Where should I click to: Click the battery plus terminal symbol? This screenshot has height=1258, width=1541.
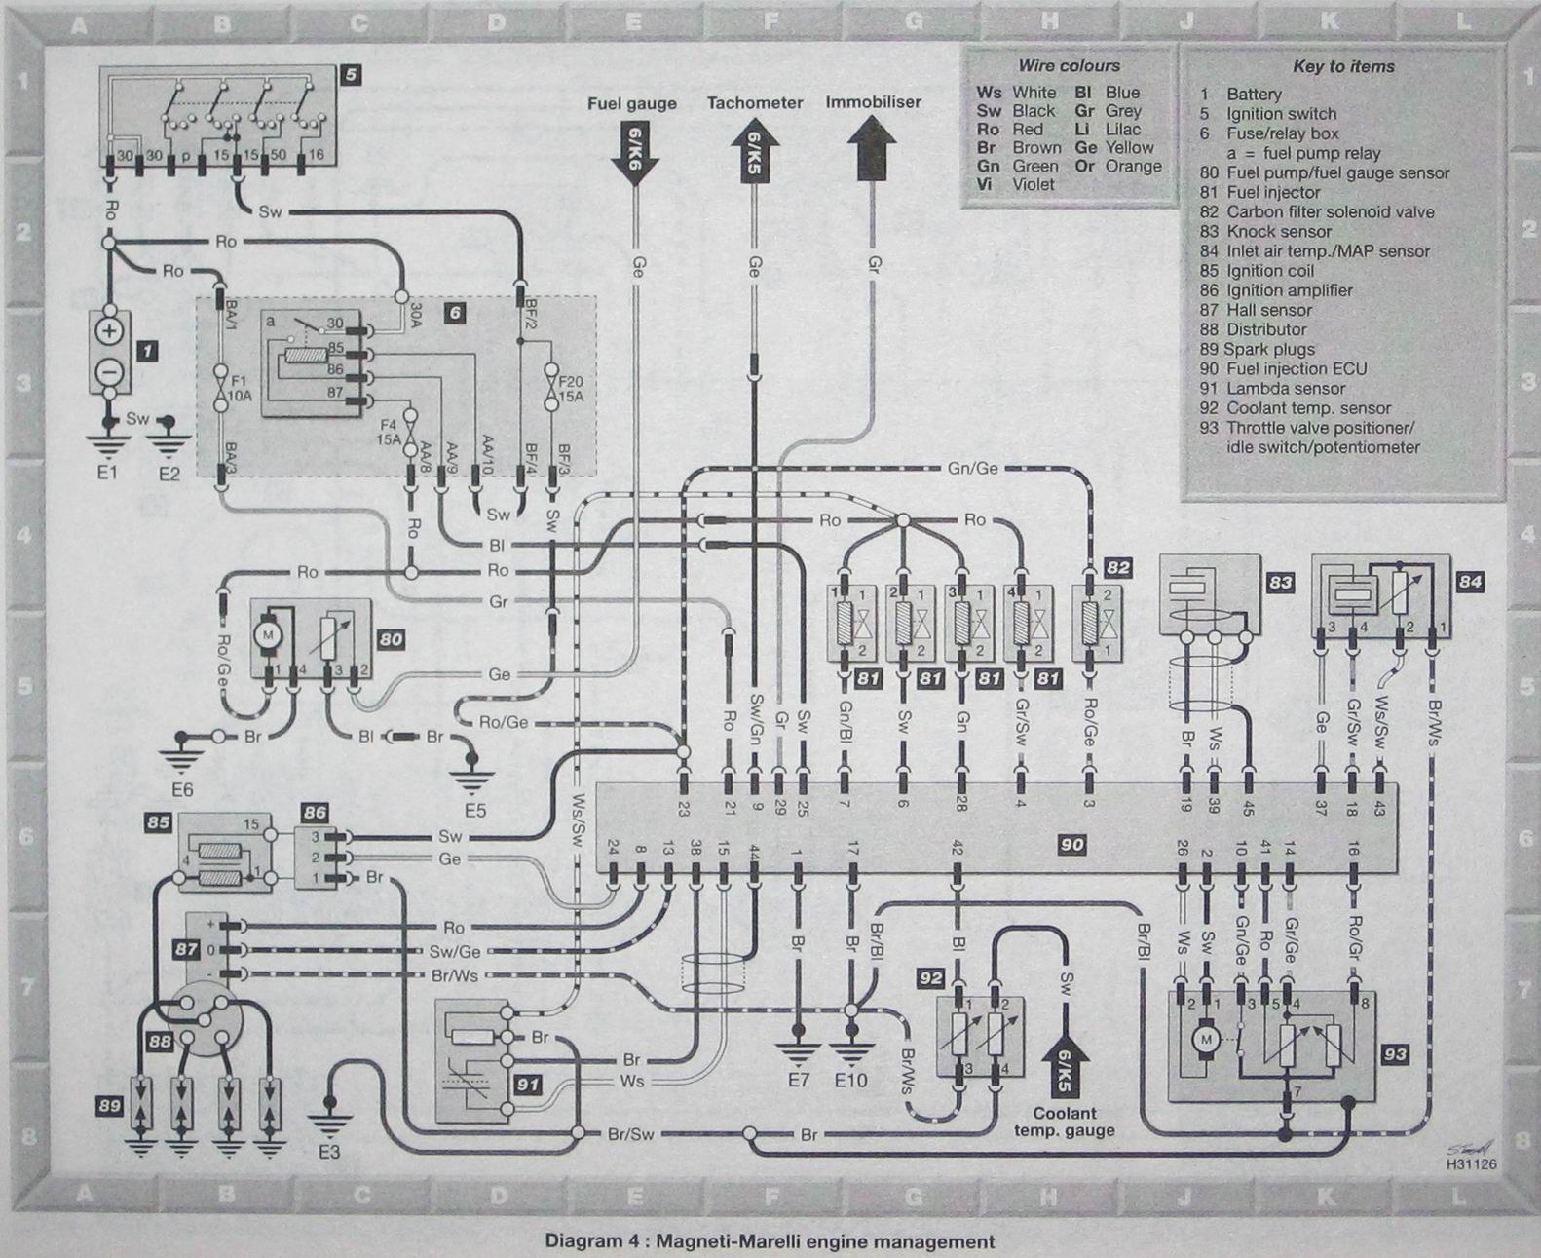109,331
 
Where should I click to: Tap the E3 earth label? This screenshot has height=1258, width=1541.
329,1152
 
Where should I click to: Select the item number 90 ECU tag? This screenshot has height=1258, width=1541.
1071,845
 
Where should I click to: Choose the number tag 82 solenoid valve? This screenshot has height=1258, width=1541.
1117,567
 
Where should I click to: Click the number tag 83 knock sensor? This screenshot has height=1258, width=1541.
1280,582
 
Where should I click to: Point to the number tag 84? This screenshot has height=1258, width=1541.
1470,582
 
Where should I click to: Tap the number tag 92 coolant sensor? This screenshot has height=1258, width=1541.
931,975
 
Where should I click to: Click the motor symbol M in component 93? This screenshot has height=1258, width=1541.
1206,1041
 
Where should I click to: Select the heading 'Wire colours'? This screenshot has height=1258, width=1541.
1069,66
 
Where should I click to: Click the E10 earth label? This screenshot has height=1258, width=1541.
850,1080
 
